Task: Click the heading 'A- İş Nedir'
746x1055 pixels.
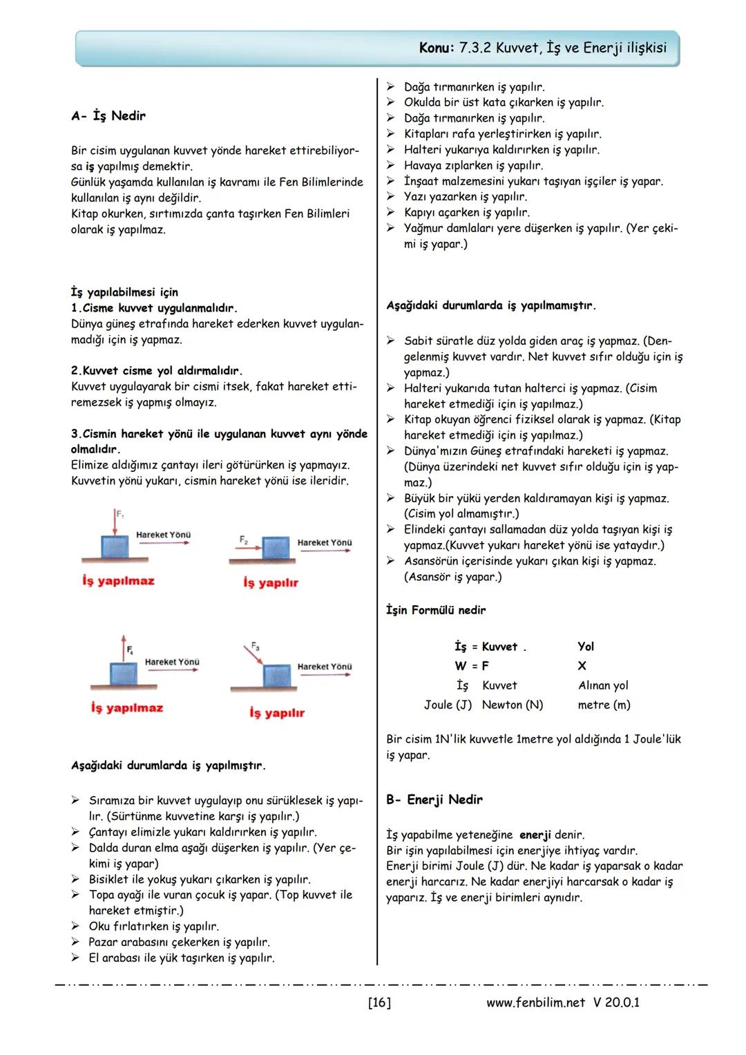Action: coord(108,116)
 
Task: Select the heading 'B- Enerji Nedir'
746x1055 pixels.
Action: coord(434,799)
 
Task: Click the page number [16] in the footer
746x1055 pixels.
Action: coord(379,1002)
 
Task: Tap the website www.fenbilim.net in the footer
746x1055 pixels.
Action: coord(535,1002)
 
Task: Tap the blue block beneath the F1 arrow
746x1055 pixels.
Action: coord(115,548)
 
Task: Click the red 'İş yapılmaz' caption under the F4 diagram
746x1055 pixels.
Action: coord(126,708)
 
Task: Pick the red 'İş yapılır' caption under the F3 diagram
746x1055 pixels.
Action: coord(276,713)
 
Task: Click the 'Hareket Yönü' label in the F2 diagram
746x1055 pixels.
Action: coord(324,543)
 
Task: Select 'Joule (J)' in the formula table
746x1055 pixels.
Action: coord(448,705)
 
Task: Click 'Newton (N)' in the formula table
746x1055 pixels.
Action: coord(512,705)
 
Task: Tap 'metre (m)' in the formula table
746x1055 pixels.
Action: coord(604,705)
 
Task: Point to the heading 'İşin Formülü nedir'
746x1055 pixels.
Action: coord(435,610)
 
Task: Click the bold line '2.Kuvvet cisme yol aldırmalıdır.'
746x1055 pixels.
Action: coord(157,371)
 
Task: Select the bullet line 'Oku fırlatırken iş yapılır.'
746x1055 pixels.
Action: coord(153,926)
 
